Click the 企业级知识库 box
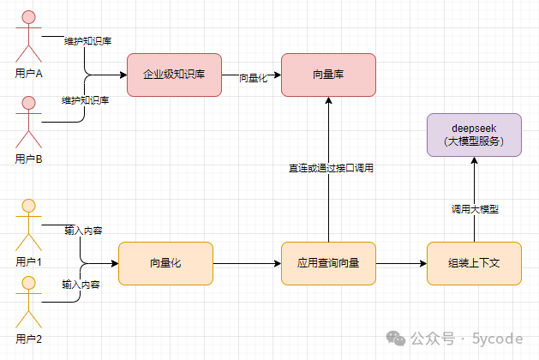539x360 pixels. coord(174,75)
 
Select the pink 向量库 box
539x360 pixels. coord(328,75)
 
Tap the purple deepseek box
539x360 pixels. coord(474,135)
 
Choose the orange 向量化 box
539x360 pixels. coord(165,263)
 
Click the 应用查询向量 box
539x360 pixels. coord(328,263)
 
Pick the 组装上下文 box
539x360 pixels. coord(474,263)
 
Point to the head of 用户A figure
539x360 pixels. coord(28,17)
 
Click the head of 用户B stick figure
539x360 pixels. coord(28,103)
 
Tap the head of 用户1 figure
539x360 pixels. coord(28,206)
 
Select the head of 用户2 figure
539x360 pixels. coord(28,283)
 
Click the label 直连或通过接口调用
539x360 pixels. coord(331,168)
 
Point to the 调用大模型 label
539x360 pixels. coord(475,209)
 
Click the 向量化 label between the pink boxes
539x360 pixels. coord(254,78)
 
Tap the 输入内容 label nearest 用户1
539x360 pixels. coord(83,231)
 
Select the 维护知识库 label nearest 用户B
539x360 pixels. coord(85,100)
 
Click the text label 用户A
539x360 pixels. coord(29,73)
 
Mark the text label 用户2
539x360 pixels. coord(29,339)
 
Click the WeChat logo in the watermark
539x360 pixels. coord(396,339)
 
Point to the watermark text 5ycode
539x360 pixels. coord(497,339)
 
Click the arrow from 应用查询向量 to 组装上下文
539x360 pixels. coord(402,264)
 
